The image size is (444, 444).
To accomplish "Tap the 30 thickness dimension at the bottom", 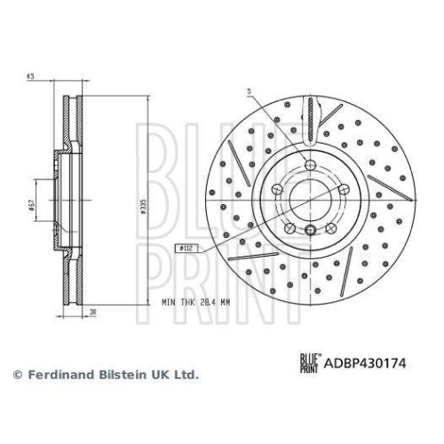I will tap(91, 312).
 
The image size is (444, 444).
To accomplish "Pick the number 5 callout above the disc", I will tap(250, 91).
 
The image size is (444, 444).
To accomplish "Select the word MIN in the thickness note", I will tap(170, 303).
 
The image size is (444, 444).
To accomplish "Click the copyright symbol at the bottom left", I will tap(15, 375).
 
